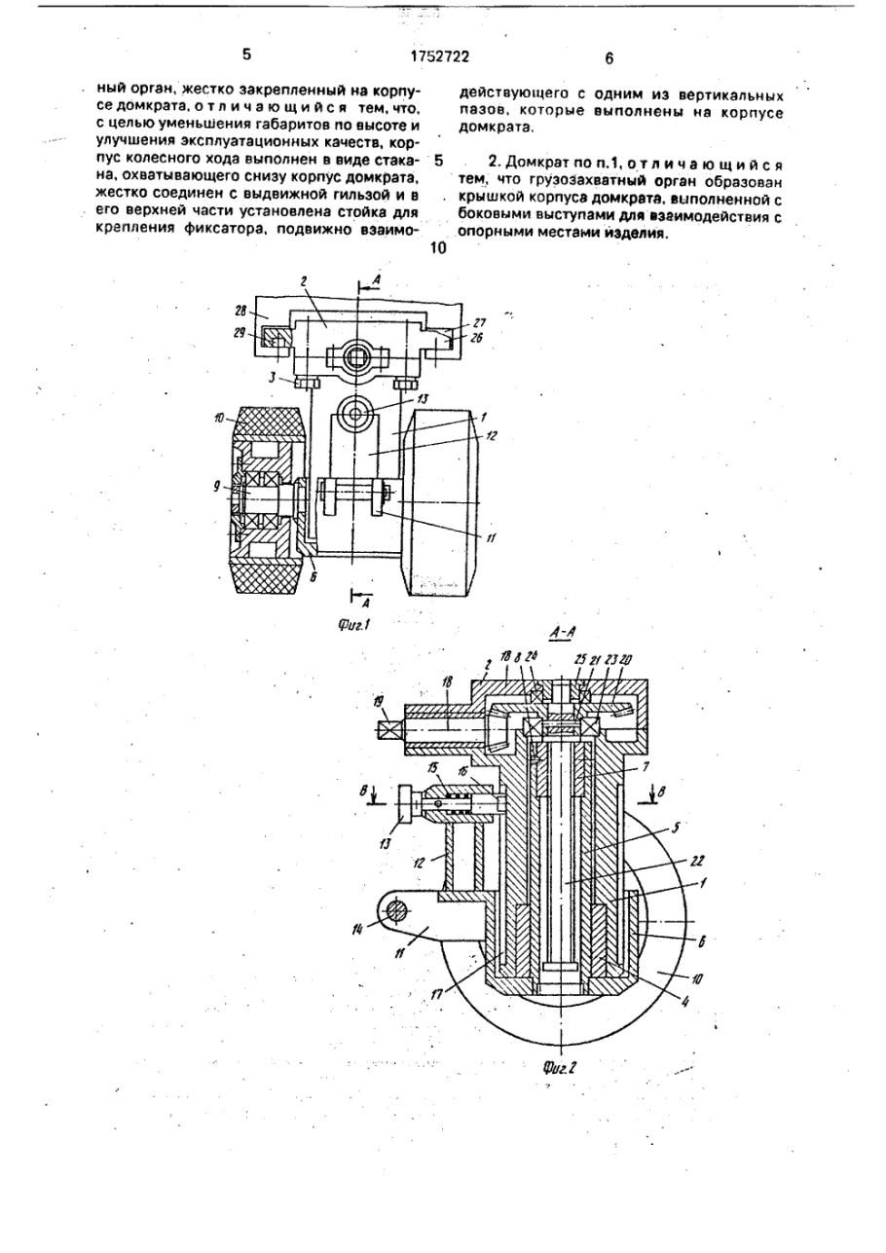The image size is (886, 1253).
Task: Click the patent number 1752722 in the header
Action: pos(440,56)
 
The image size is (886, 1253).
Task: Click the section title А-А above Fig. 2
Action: pos(563,632)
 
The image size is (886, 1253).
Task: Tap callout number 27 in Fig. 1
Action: pos(479,323)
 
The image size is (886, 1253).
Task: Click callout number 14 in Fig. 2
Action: pos(357,929)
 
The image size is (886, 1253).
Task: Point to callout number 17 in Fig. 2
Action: pos(437,993)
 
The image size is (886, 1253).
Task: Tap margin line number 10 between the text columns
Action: pos(438,248)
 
